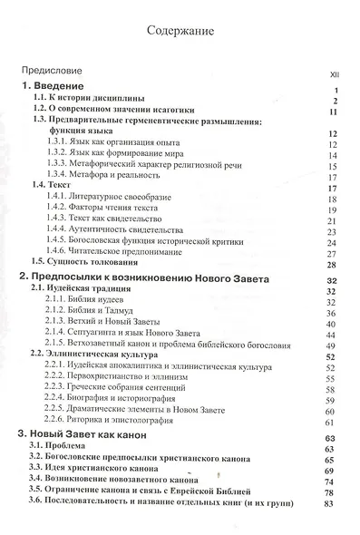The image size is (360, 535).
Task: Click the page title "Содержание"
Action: pos(180,34)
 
